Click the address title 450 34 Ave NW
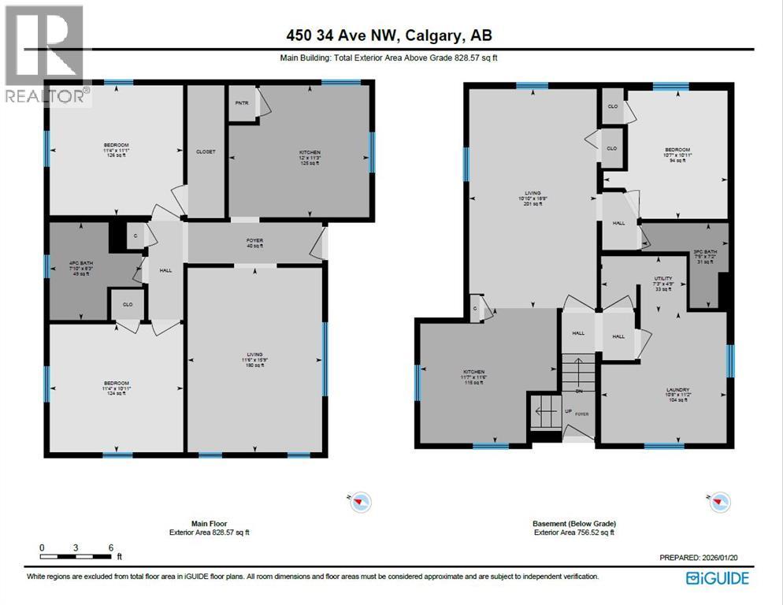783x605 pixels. pos(391,35)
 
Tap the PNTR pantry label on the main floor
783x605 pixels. pos(241,102)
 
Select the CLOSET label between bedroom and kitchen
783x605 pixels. pos(206,151)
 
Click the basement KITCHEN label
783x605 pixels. pos(473,372)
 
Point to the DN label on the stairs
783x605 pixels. pos(579,391)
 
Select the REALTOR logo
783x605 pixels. pos(43,55)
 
